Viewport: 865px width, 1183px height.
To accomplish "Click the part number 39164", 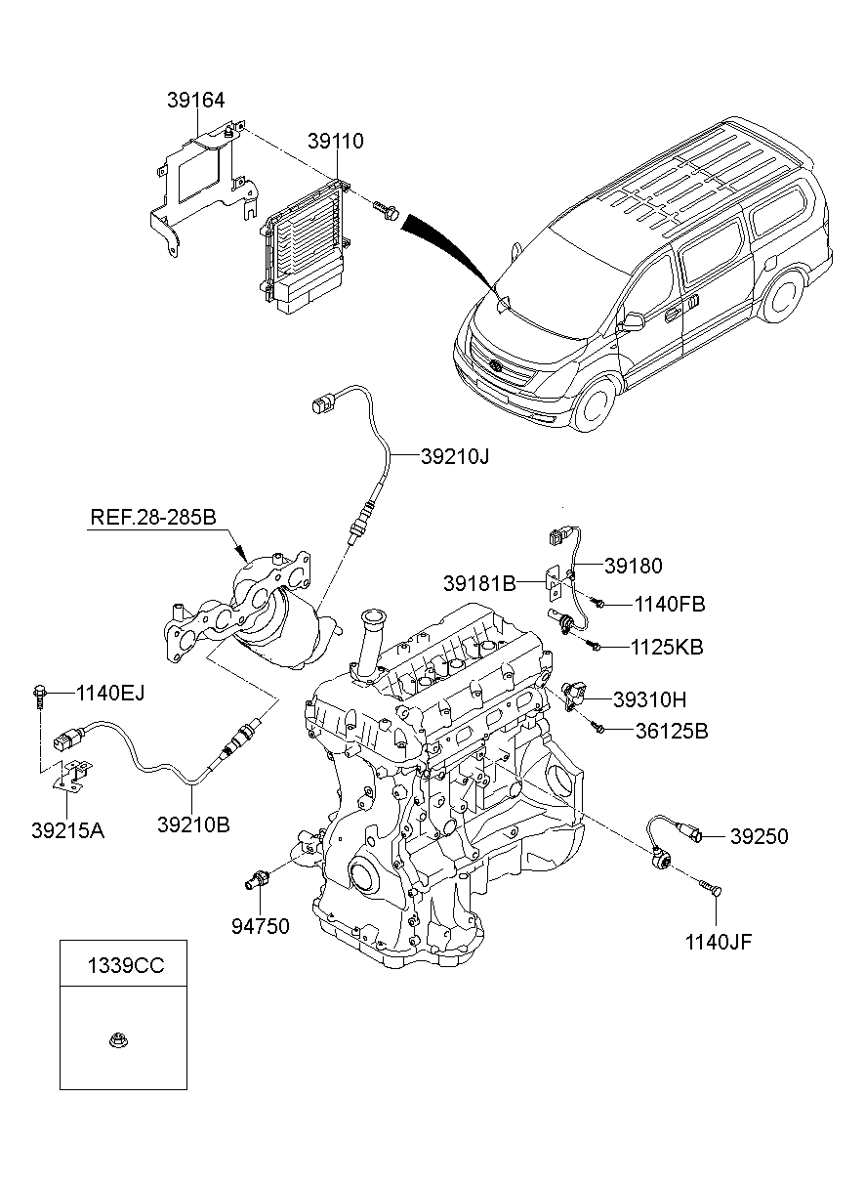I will (195, 100).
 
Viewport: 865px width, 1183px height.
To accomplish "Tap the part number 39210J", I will (455, 455).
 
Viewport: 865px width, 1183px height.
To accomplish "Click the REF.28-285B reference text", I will (153, 517).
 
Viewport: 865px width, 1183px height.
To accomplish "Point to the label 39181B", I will (478, 583).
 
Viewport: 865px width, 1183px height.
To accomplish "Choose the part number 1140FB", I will (669, 605).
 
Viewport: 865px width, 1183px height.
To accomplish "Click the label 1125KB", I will (668, 647).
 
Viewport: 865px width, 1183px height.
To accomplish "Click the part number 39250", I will (760, 836).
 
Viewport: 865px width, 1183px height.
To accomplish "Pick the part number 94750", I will (261, 926).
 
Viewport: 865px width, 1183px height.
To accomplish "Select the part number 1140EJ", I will (109, 694).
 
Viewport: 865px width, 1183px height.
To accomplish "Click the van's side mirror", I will (633, 321).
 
